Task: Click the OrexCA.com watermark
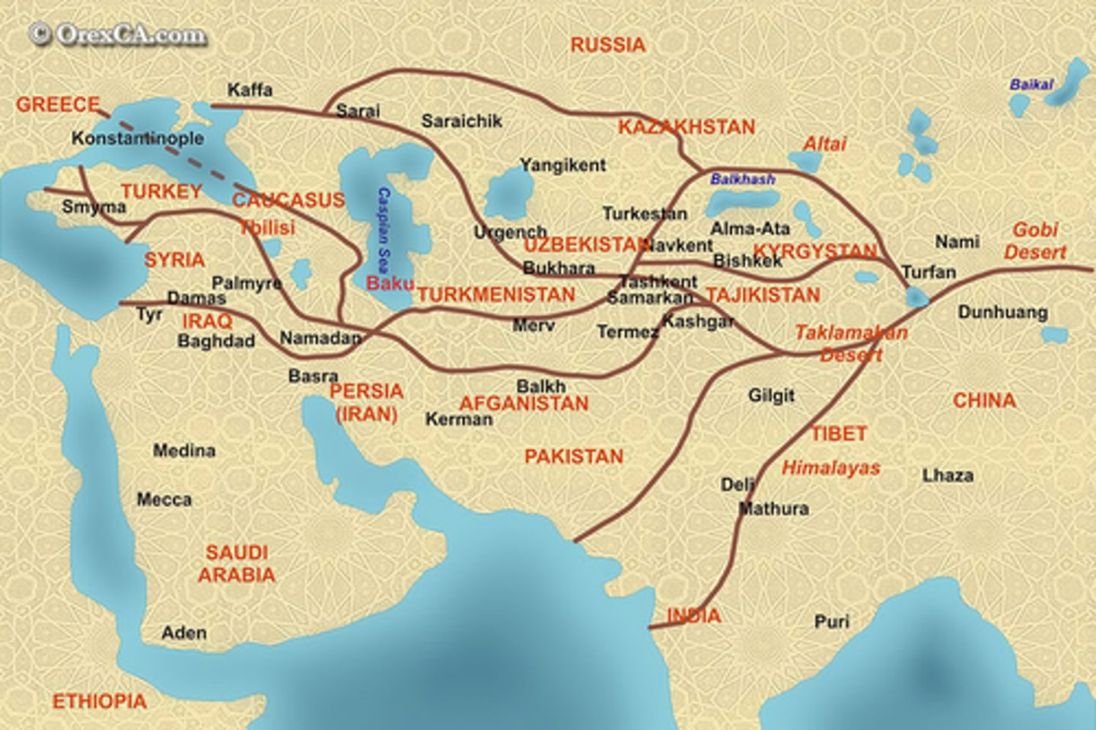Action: pos(118,35)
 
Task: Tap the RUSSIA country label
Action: pos(607,45)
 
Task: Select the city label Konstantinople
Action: pos(138,139)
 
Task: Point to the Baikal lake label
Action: pos(1031,84)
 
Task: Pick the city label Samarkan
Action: pos(649,298)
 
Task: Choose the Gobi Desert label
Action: pos(1035,241)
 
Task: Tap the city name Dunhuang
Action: pos(1002,312)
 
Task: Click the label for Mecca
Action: pos(164,499)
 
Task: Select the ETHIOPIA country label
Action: pos(99,701)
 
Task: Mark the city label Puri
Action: pos(831,622)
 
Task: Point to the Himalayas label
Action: pos(830,468)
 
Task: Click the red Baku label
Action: pos(390,283)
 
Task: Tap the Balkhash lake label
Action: pos(742,179)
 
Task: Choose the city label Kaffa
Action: pos(250,90)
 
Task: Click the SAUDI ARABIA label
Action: pos(236,563)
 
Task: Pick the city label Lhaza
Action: pos(948,476)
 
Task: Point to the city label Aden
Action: pos(184,633)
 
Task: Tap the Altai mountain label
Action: pos(824,144)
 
